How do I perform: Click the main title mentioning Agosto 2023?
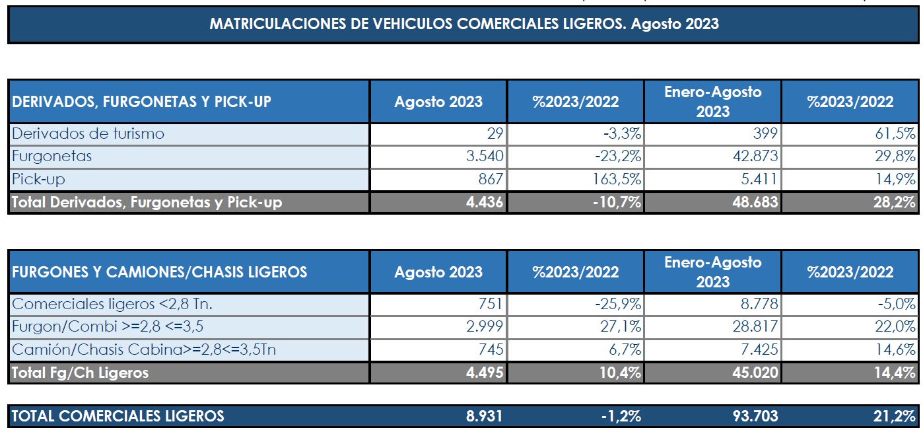(x=463, y=24)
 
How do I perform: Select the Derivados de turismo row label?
(x=88, y=134)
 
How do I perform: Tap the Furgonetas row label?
(x=52, y=157)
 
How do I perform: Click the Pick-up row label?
(x=39, y=179)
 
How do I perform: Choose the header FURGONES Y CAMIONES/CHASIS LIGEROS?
(x=159, y=271)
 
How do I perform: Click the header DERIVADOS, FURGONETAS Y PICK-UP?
(x=141, y=101)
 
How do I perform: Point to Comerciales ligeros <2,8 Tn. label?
(x=112, y=305)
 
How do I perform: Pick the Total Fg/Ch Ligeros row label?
(x=80, y=373)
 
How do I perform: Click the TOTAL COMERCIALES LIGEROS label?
(x=118, y=416)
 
